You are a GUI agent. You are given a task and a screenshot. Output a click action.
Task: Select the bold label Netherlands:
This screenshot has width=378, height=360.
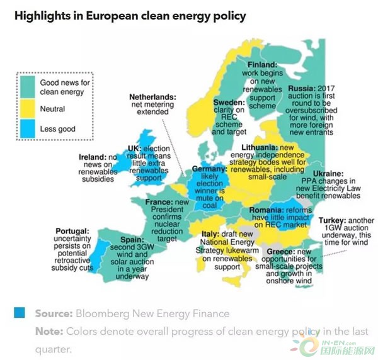pos(153,97)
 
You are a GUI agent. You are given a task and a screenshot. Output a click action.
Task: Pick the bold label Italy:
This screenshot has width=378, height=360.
pos(210,234)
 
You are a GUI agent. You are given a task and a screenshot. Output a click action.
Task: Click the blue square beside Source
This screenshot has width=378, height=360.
pos(21,313)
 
